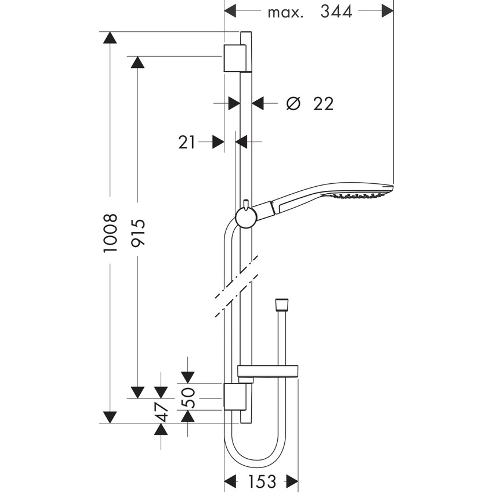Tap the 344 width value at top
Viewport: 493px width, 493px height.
(336, 12)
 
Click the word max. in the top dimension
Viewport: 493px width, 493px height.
(285, 12)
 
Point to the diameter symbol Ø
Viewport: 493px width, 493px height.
(294, 104)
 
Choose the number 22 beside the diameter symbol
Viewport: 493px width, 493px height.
(323, 104)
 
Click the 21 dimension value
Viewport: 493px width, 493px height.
(187, 142)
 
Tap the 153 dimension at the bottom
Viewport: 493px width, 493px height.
(262, 481)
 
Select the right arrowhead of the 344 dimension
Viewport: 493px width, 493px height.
(386, 10)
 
